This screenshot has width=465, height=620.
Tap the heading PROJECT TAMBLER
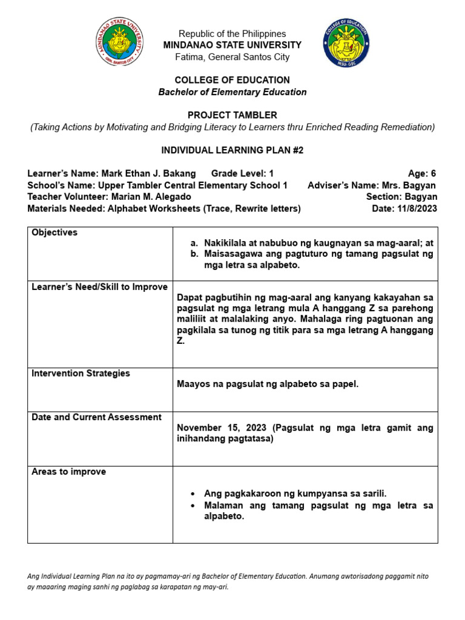tap(232, 116)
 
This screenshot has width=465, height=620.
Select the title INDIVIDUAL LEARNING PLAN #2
tap(232, 150)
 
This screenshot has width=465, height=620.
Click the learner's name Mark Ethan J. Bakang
tap(148, 174)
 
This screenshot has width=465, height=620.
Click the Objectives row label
tap(54, 233)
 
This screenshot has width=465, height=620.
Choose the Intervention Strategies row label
tap(81, 374)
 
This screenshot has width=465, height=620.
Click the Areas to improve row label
tap(68, 472)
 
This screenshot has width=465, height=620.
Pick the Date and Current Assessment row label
tap(96, 417)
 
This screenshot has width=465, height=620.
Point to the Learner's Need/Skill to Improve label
tap(99, 287)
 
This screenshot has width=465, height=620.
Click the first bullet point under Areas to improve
tap(192, 494)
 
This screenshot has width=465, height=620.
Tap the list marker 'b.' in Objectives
tap(194, 254)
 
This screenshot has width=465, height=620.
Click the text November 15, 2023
tap(222, 428)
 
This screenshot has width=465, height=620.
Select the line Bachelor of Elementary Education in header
tap(232, 93)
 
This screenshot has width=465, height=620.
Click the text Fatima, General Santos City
tap(232, 58)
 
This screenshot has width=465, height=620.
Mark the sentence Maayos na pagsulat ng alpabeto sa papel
tap(267, 384)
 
